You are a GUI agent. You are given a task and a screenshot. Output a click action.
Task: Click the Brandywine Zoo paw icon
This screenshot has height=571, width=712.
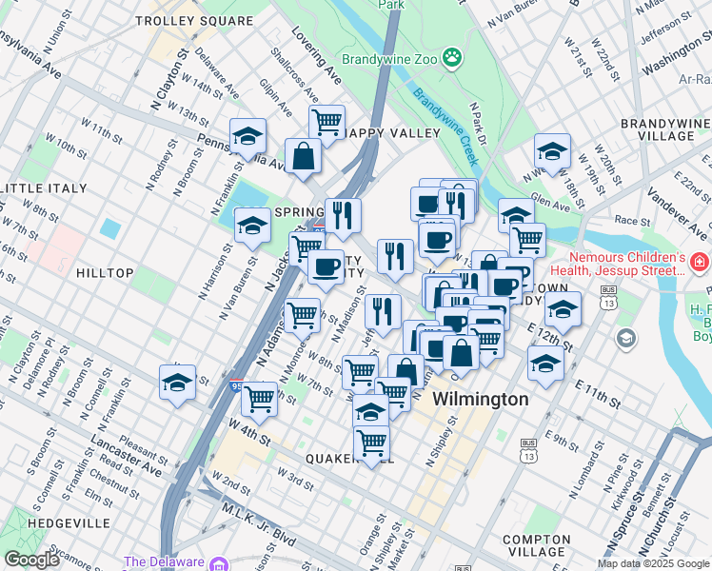coord(451,58)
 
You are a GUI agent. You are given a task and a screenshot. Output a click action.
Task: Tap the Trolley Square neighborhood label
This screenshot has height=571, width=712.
coord(179,20)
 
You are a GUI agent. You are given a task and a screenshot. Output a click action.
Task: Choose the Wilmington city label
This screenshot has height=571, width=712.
coord(480,399)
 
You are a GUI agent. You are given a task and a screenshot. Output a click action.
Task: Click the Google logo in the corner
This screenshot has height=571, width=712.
coord(31,559)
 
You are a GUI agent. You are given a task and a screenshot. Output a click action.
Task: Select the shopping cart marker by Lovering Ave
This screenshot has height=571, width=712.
coord(326,123)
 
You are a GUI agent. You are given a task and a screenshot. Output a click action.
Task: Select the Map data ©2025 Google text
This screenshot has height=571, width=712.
coord(653,563)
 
